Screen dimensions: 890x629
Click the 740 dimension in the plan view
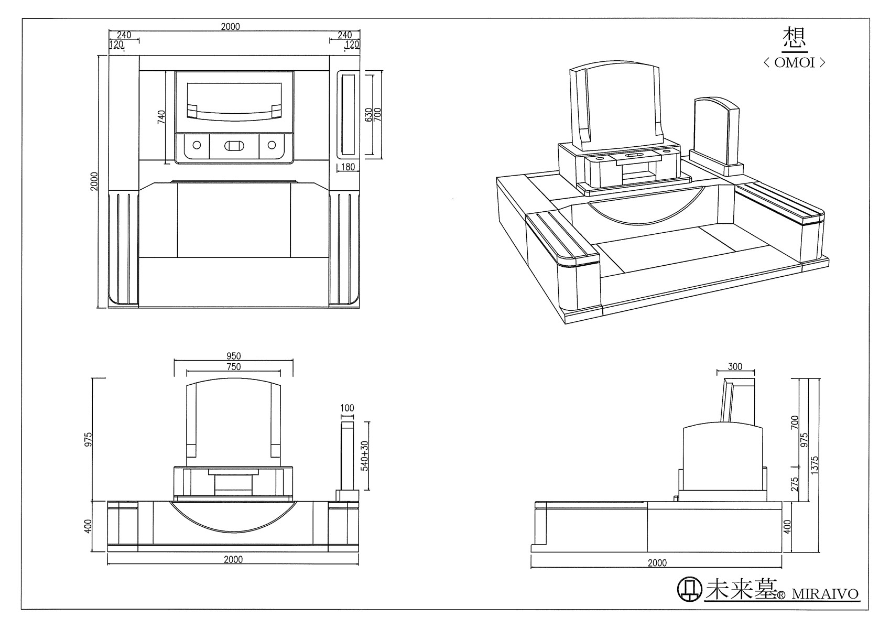click(x=161, y=117)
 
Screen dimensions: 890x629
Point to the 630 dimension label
click(x=368, y=114)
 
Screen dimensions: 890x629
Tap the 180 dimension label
click(x=348, y=167)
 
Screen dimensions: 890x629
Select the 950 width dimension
click(x=234, y=355)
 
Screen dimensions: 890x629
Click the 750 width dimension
click(x=234, y=366)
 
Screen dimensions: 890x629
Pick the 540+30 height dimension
click(x=364, y=456)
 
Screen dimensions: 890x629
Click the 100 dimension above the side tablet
click(x=347, y=408)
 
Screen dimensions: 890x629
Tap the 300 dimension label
click(x=735, y=366)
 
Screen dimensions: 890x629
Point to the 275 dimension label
click(x=795, y=484)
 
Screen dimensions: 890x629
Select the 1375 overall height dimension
click(x=814, y=465)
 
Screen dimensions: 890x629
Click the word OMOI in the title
click(x=795, y=62)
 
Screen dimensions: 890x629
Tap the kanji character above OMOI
click(x=795, y=38)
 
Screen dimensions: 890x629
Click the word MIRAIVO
click(x=826, y=594)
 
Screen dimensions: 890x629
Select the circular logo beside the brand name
click(x=690, y=589)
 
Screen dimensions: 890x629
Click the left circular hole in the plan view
click(x=197, y=145)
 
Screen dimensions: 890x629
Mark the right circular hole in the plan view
click(x=272, y=145)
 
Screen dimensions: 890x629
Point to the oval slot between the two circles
click(x=234, y=146)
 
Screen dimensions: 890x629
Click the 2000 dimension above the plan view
click(x=231, y=26)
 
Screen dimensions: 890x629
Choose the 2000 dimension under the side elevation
click(x=657, y=562)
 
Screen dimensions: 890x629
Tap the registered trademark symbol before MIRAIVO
click(x=781, y=595)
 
